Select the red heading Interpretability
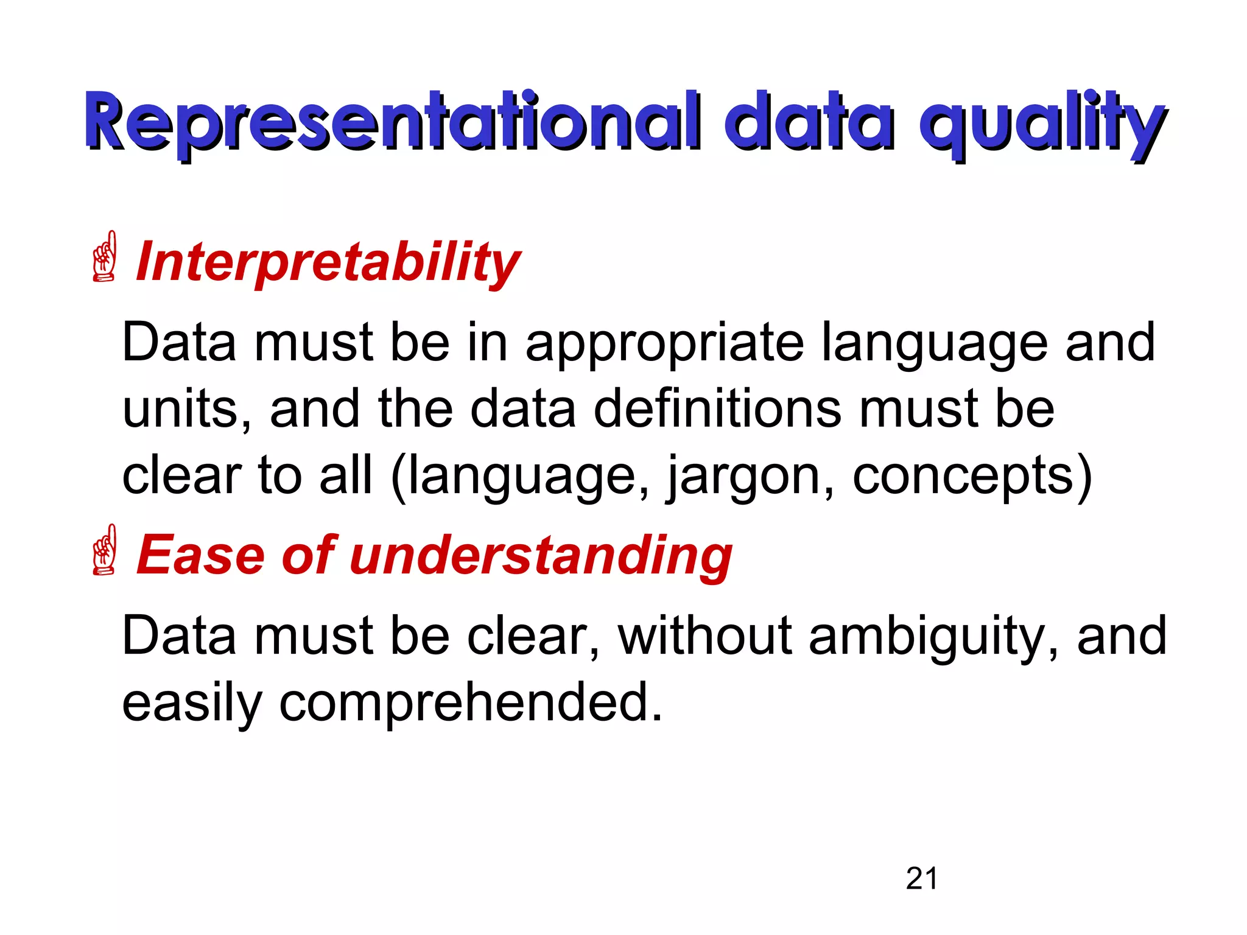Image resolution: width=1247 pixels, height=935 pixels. tap(328, 262)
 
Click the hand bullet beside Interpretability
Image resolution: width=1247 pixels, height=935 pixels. tap(104, 256)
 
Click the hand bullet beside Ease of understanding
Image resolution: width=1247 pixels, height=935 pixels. tap(104, 550)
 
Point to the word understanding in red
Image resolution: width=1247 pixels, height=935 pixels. tap(541, 555)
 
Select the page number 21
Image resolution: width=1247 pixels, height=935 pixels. tap(921, 878)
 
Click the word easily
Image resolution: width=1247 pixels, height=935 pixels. tap(192, 704)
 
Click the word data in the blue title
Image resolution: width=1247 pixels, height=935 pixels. tap(809, 122)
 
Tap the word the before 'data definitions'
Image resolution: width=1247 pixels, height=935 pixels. tap(415, 409)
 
